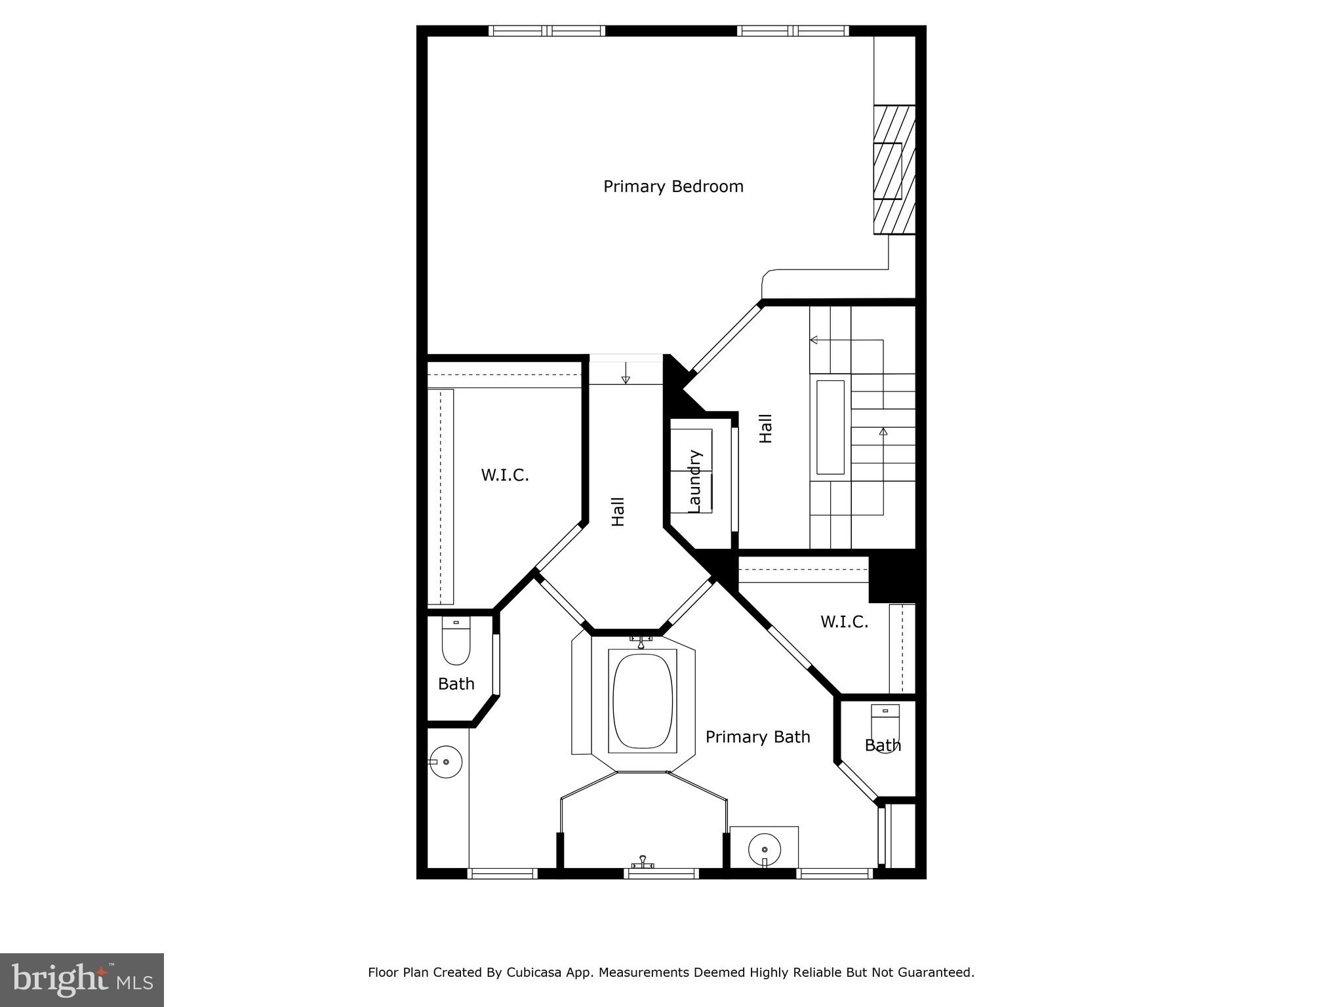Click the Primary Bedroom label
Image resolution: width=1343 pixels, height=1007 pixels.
[673, 187]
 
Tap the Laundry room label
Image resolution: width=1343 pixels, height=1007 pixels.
[695, 481]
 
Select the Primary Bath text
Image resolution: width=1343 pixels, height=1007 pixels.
[757, 737]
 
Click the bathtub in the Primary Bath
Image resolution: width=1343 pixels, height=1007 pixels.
[642, 701]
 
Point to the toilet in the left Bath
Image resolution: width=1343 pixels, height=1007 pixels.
[456, 642]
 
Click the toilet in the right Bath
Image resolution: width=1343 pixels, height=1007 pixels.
[885, 728]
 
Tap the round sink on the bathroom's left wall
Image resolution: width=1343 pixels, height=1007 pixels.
[446, 762]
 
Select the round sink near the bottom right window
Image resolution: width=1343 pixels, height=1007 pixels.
[765, 850]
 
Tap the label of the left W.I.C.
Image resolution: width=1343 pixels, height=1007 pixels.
[505, 475]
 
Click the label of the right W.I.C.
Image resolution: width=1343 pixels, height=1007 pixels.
[844, 622]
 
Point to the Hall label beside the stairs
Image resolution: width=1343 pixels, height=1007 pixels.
[765, 428]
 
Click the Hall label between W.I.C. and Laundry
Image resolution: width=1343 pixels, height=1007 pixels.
[618, 511]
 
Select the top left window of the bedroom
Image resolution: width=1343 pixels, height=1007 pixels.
[546, 30]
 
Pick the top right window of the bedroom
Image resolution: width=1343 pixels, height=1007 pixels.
[792, 30]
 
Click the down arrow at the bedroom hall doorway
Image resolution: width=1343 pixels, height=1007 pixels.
[626, 375]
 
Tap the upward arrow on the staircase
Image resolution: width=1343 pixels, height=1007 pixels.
[883, 431]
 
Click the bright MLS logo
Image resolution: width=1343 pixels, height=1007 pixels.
[81, 980]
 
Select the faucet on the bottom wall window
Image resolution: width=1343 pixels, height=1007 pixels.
[643, 862]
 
